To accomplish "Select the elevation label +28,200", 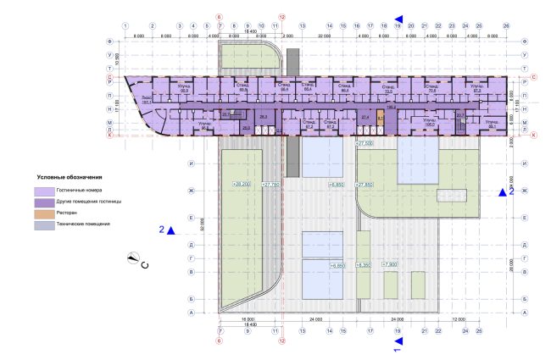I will pyautogui.click(x=240, y=183).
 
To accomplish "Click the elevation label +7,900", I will pyautogui.click(x=391, y=265).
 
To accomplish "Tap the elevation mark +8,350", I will pyautogui.click(x=365, y=265).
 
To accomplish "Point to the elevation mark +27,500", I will pyautogui.click(x=365, y=145).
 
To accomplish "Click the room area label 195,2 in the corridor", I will pyautogui.click(x=392, y=108).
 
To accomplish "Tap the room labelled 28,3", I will pyautogui.click(x=263, y=118).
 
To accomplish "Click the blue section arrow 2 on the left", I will pyautogui.click(x=170, y=230).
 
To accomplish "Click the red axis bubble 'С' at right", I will pyautogui.click(x=535, y=78).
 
